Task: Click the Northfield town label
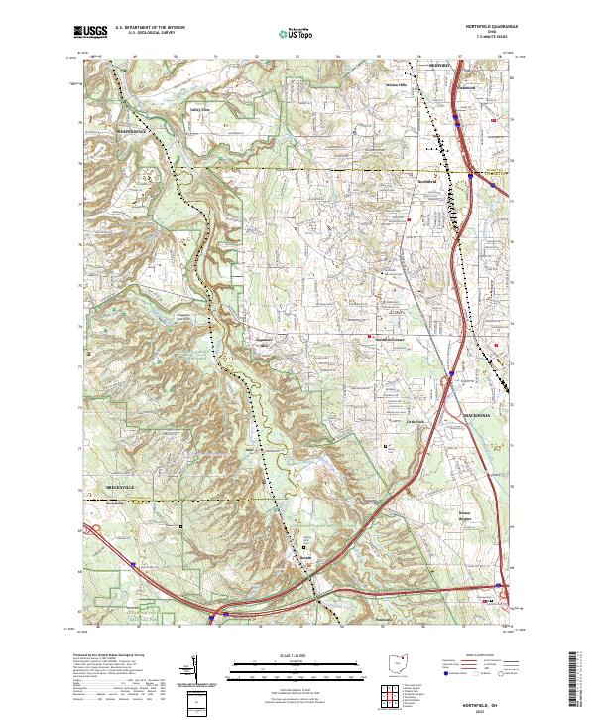[426, 183]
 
